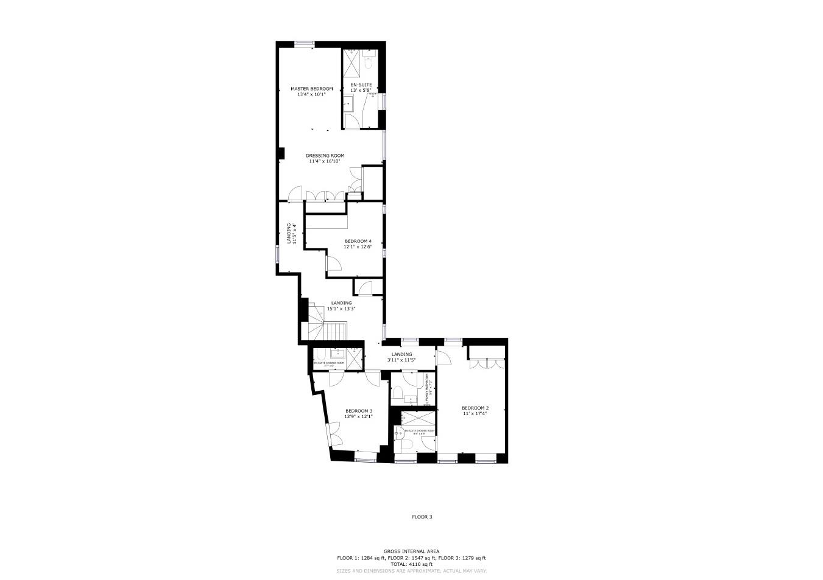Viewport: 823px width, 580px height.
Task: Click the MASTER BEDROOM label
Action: pyautogui.click(x=311, y=89)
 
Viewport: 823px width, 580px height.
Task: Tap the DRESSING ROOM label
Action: pyautogui.click(x=325, y=156)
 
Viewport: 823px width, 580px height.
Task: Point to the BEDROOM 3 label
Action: pyautogui.click(x=358, y=411)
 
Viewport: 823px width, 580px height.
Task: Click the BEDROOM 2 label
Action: pyautogui.click(x=475, y=408)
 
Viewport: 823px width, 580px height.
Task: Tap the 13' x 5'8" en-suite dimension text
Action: pyautogui.click(x=361, y=91)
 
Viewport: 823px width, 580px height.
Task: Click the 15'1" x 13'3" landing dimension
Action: pyautogui.click(x=341, y=309)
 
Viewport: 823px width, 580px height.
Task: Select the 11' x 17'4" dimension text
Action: pyautogui.click(x=475, y=414)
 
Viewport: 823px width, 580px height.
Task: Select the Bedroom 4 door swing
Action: pyautogui.click(x=333, y=263)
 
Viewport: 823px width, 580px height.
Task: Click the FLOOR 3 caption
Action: pyautogui.click(x=422, y=517)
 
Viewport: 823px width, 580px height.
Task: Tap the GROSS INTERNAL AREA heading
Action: pyautogui.click(x=411, y=551)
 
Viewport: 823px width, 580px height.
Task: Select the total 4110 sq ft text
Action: pyautogui.click(x=411, y=564)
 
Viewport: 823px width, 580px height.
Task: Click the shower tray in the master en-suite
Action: pyautogui.click(x=351, y=61)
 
